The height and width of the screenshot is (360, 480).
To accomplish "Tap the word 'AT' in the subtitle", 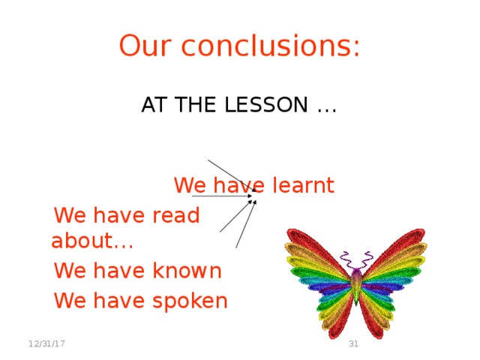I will [154, 106].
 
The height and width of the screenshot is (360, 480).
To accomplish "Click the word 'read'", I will [176, 216].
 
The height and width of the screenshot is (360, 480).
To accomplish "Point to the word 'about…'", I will [92, 241].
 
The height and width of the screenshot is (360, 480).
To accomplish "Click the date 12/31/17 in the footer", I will [46, 343].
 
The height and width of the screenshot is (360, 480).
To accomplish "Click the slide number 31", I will [354, 343].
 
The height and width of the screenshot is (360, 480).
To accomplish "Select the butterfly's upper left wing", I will [315, 259].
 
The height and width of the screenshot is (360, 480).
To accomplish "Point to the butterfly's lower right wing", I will [379, 311].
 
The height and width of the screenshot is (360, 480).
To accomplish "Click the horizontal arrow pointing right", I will [221, 196].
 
